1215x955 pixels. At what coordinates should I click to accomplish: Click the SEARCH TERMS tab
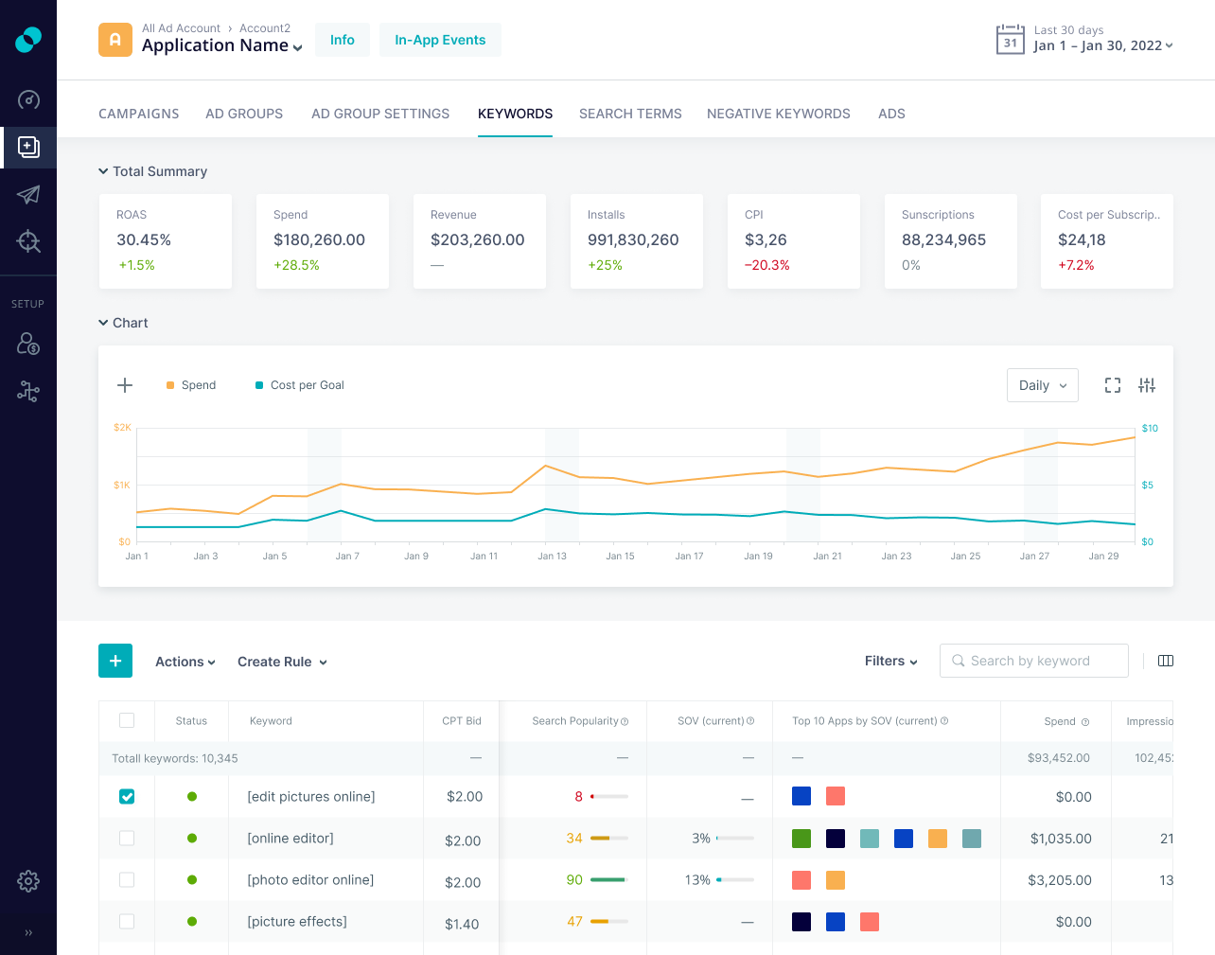tap(630, 114)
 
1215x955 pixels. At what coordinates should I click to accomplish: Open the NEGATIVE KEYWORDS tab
tap(778, 114)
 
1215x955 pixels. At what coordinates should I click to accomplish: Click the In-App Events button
tap(440, 40)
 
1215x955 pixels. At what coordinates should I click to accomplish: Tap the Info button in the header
tap(342, 40)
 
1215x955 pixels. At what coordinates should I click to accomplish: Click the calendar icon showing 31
tap(1010, 40)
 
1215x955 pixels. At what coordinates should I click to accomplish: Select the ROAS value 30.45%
tap(144, 240)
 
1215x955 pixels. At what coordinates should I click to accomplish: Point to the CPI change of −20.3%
tap(766, 265)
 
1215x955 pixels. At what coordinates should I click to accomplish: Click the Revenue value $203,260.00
tap(477, 240)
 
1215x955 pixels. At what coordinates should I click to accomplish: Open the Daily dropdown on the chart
tap(1042, 385)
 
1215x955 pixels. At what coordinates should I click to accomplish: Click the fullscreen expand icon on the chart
tap(1113, 385)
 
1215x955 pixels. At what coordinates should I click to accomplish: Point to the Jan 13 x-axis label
tap(552, 557)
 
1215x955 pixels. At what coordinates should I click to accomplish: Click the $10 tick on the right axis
tap(1149, 429)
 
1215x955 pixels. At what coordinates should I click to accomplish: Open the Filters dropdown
tap(890, 662)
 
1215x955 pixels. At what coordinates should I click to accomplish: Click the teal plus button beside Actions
tap(115, 661)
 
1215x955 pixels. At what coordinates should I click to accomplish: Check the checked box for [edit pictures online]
tap(127, 797)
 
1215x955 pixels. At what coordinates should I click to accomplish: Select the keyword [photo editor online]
tap(310, 880)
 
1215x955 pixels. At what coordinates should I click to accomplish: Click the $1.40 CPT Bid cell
tap(462, 924)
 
